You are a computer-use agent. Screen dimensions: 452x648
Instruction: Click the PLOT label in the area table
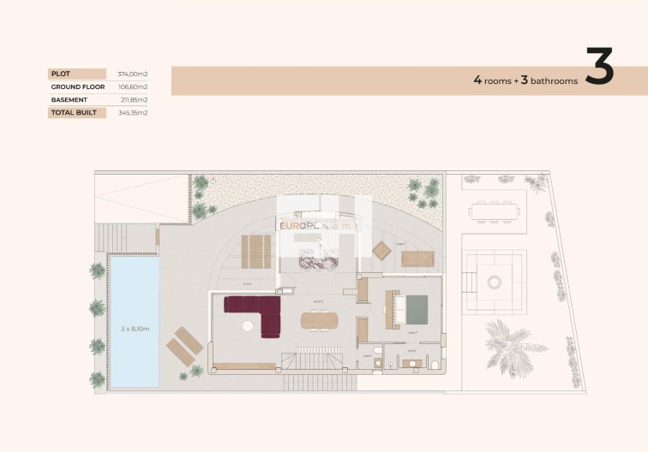(60, 74)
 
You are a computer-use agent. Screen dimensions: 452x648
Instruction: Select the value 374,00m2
(134, 74)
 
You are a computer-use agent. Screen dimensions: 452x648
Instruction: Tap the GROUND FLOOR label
(77, 86)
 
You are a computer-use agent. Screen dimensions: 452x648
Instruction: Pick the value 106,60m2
(134, 86)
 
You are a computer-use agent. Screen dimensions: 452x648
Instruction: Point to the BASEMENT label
(69, 99)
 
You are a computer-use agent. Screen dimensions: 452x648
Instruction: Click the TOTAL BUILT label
(74, 112)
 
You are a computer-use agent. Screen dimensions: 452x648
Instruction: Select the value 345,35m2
(134, 112)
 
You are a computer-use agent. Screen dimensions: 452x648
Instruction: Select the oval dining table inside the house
(320, 319)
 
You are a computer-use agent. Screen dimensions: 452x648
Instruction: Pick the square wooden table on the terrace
(381, 250)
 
